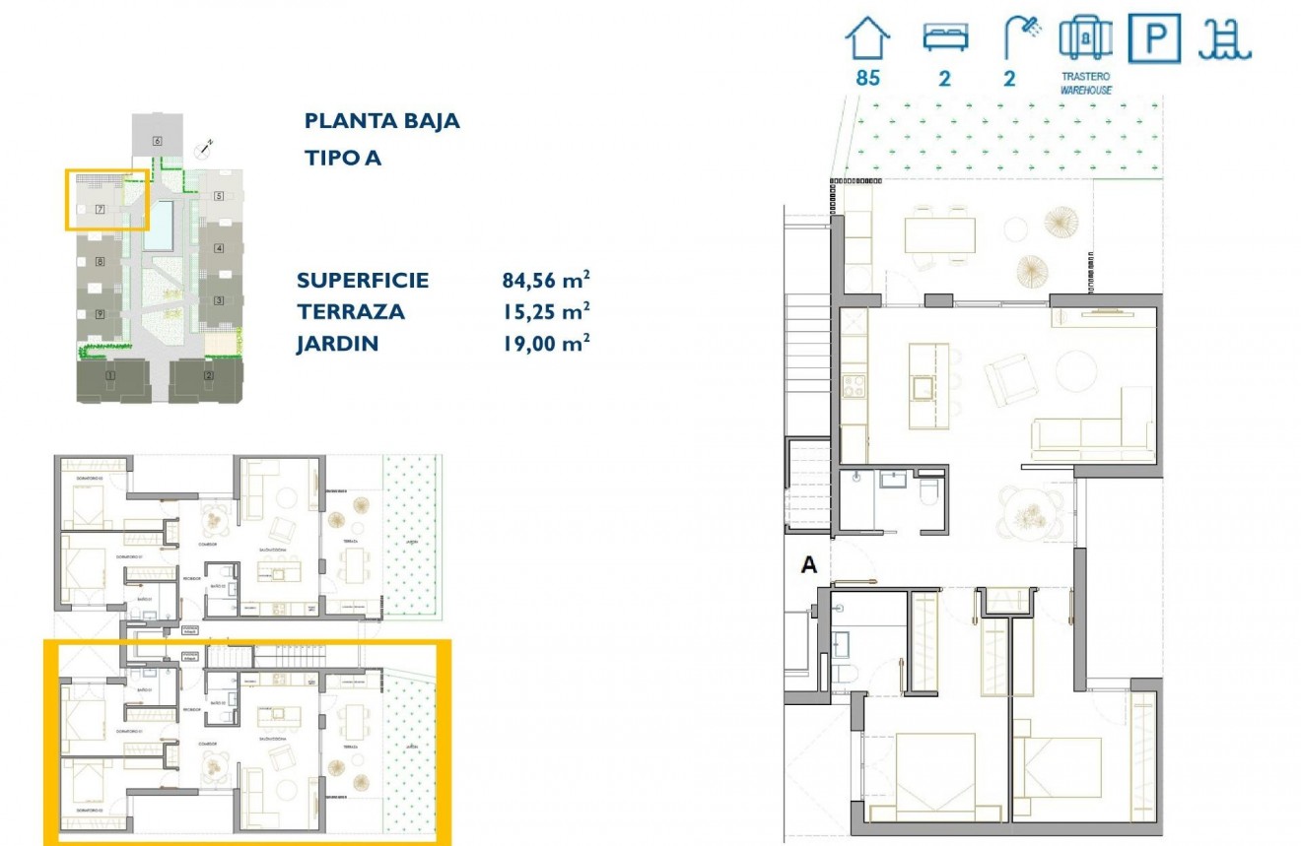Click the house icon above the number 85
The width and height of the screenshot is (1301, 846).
[x=867, y=38]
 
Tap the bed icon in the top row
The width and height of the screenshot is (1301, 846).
[x=945, y=37]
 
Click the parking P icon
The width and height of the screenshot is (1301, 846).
[x=1154, y=38]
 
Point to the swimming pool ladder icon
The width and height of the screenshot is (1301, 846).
[x=1224, y=38]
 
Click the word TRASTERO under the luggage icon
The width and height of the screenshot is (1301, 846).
[x=1086, y=76]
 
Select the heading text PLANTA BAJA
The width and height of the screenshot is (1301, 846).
[x=382, y=121]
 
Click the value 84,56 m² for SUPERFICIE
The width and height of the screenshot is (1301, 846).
[x=546, y=280]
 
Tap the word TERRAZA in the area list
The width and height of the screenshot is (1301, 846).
[x=351, y=311]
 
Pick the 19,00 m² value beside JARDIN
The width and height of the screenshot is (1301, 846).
[x=546, y=343]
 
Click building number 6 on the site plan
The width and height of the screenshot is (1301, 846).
[x=157, y=141]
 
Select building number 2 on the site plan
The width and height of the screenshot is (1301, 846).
[x=208, y=375]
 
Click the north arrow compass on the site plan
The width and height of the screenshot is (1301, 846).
[x=204, y=149]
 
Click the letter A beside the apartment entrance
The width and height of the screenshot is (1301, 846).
[x=809, y=564]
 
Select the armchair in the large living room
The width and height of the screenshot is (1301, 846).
[x=1008, y=381]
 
